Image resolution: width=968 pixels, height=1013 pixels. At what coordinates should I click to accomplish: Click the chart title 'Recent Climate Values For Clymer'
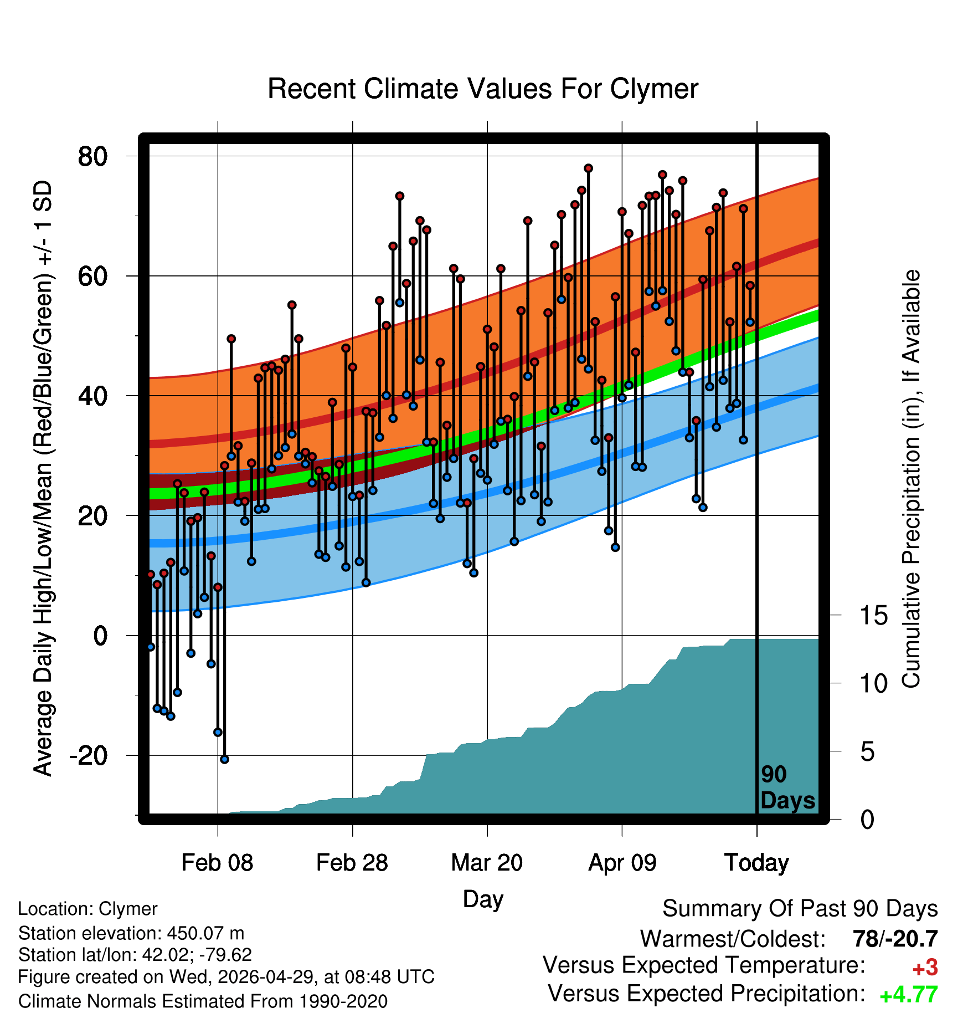coord(483,89)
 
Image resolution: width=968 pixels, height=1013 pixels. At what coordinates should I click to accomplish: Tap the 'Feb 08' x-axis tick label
coord(217,863)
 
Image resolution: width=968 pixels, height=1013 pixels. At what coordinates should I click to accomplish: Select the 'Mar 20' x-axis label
coord(487,863)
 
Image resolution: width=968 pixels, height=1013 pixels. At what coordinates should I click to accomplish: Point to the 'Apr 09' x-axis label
coord(622,863)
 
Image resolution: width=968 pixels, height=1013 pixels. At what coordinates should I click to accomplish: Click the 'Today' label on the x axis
coord(756,863)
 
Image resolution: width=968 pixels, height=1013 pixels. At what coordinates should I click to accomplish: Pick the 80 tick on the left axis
coord(92,156)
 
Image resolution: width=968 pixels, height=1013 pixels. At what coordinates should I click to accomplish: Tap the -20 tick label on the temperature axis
coord(88,755)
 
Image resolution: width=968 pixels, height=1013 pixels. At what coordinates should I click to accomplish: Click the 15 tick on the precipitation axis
coord(873,615)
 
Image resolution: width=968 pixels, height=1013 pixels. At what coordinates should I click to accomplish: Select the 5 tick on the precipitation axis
coord(867,751)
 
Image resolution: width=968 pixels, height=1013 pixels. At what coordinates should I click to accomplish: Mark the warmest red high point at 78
coord(588,168)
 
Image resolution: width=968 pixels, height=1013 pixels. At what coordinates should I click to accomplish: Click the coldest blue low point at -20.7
coord(224,759)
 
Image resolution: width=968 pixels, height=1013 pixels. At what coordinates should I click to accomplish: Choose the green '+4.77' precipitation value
coord(909,995)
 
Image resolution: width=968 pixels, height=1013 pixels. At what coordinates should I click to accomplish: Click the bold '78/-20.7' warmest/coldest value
coord(895,939)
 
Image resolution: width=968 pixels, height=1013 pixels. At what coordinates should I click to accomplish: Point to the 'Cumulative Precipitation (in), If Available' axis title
coord(911,479)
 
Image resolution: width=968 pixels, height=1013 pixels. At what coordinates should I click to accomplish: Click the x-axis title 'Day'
coord(483,899)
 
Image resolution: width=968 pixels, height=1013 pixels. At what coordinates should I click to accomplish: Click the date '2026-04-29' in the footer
coord(265,976)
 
